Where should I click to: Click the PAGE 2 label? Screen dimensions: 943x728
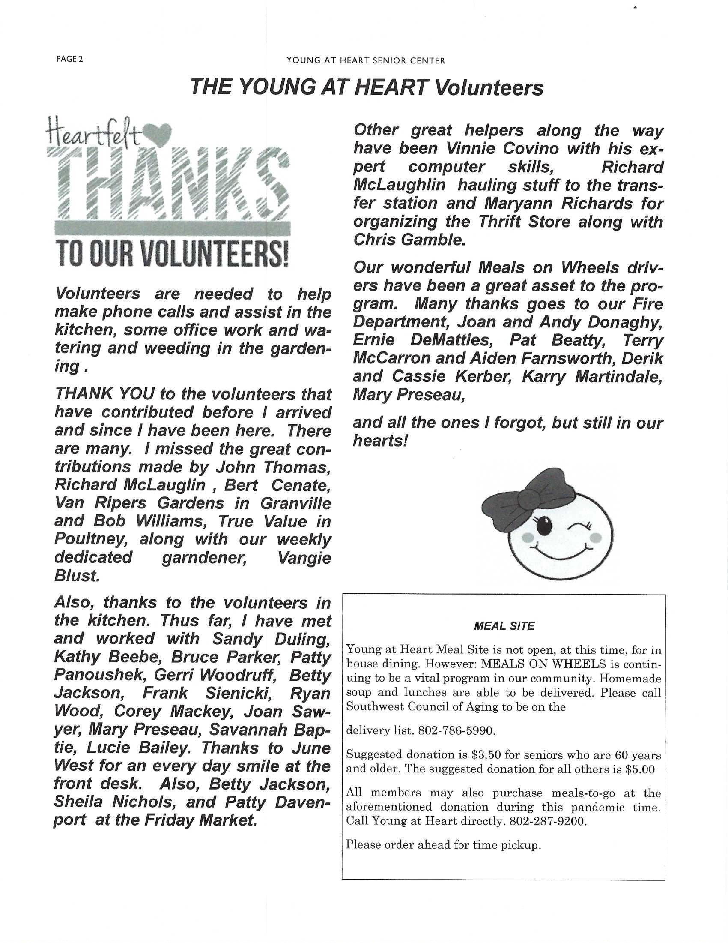pos(69,59)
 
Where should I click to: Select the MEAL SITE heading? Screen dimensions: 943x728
pos(504,626)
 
